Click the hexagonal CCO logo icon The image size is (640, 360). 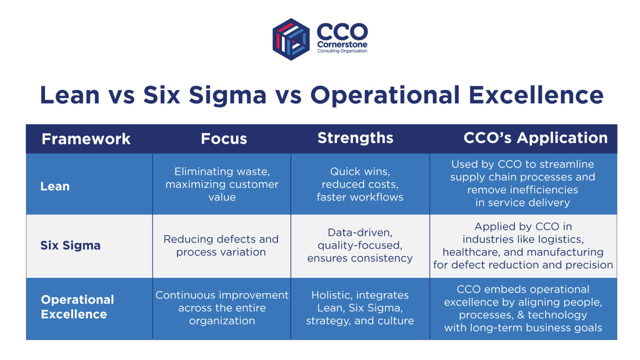291,39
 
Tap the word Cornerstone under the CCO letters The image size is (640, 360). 342,45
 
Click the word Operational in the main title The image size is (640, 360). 385,95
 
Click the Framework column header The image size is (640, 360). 86,139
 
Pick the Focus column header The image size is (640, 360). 224,139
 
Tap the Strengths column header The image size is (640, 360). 355,138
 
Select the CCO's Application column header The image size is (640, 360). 535,138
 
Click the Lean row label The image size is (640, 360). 55,186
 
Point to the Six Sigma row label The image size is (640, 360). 70,245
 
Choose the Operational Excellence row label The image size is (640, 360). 77,307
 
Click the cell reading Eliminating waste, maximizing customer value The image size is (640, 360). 222,184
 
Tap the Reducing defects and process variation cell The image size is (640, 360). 221,245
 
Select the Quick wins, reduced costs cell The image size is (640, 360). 360,184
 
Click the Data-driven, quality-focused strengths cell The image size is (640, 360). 360,245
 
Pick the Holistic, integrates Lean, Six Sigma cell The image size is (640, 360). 360,308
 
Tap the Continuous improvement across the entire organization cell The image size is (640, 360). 222,308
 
